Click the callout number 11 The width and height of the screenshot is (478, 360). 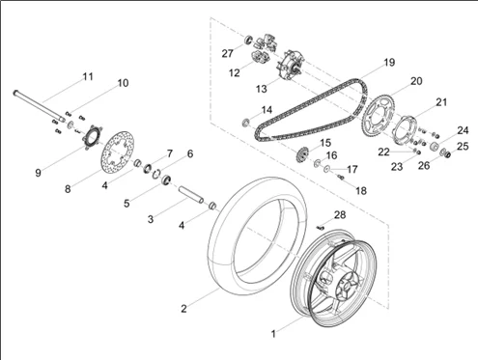pyautogui.click(x=87, y=76)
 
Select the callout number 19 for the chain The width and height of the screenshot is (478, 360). pyautogui.click(x=388, y=63)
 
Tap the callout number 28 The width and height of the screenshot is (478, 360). pyautogui.click(x=339, y=214)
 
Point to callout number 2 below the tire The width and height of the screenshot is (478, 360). pyautogui.click(x=183, y=309)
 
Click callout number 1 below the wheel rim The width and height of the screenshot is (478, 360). pyautogui.click(x=273, y=333)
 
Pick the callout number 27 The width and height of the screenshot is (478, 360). pyautogui.click(x=227, y=53)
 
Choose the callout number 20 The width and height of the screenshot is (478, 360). pyautogui.click(x=416, y=81)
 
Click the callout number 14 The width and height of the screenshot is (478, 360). pyautogui.click(x=267, y=110)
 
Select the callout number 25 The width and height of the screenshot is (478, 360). pyautogui.click(x=463, y=146)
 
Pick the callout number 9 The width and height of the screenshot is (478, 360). pyautogui.click(x=38, y=173)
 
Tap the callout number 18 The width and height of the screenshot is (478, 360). pyautogui.click(x=361, y=191)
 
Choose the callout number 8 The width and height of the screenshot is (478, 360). pyautogui.click(x=68, y=189)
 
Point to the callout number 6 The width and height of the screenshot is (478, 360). pyautogui.click(x=189, y=154)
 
